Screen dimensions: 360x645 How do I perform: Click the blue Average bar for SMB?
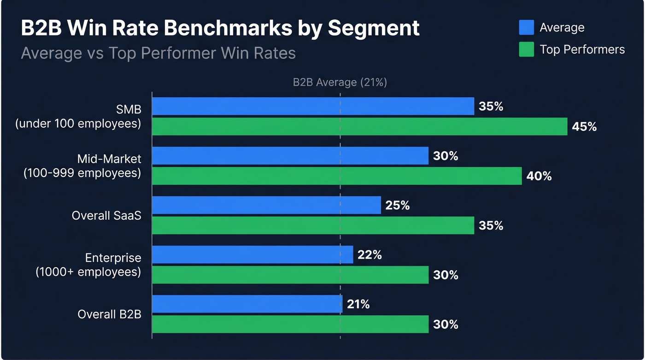313,106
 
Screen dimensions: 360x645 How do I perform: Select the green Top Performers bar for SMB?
359,126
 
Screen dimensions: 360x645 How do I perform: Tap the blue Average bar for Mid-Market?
290,156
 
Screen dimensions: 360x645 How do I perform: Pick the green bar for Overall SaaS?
313,225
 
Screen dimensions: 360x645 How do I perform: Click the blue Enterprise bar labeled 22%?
252,254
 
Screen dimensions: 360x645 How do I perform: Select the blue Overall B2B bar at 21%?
247,304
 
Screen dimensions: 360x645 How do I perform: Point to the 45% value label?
584,127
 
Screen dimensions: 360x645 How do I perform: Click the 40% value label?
539,176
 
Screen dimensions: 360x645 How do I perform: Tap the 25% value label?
397,206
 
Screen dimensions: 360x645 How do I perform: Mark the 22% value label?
369,255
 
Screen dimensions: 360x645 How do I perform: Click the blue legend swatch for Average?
526,27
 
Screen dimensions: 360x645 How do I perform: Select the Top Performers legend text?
582,49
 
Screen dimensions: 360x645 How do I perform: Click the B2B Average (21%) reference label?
340,83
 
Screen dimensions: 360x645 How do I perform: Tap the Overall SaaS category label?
106,215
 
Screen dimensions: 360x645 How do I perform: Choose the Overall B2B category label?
109,314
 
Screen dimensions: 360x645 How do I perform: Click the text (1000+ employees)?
88,271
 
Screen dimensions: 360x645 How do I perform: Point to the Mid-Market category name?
109,159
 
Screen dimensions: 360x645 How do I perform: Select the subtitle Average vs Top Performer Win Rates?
158,53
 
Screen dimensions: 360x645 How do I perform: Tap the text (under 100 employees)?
78,124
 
